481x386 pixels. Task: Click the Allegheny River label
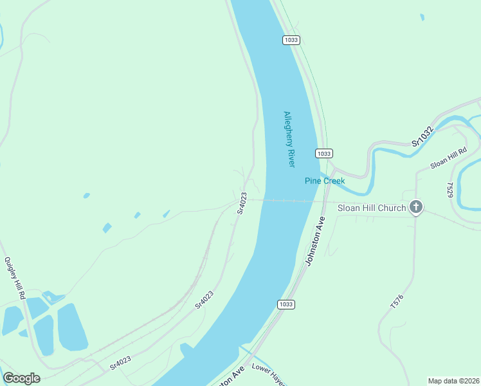pos(289,140)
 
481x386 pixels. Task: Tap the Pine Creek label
pos(324,181)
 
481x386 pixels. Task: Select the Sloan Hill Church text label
pos(372,208)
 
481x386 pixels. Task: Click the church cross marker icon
pos(416,207)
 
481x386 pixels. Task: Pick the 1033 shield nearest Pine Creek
pos(323,153)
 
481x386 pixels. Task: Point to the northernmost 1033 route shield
pos(291,40)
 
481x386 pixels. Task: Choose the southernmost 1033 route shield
pos(286,304)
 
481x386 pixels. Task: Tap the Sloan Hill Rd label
pos(448,158)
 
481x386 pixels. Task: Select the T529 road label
pos(450,189)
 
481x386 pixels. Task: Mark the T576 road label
pos(397,302)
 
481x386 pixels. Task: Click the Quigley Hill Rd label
pos(14,278)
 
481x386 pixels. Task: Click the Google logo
pos(21,378)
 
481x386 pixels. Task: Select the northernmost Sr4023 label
pos(242,203)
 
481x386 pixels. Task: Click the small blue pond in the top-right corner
pos(422,17)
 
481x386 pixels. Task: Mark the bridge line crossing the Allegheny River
pos(289,201)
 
